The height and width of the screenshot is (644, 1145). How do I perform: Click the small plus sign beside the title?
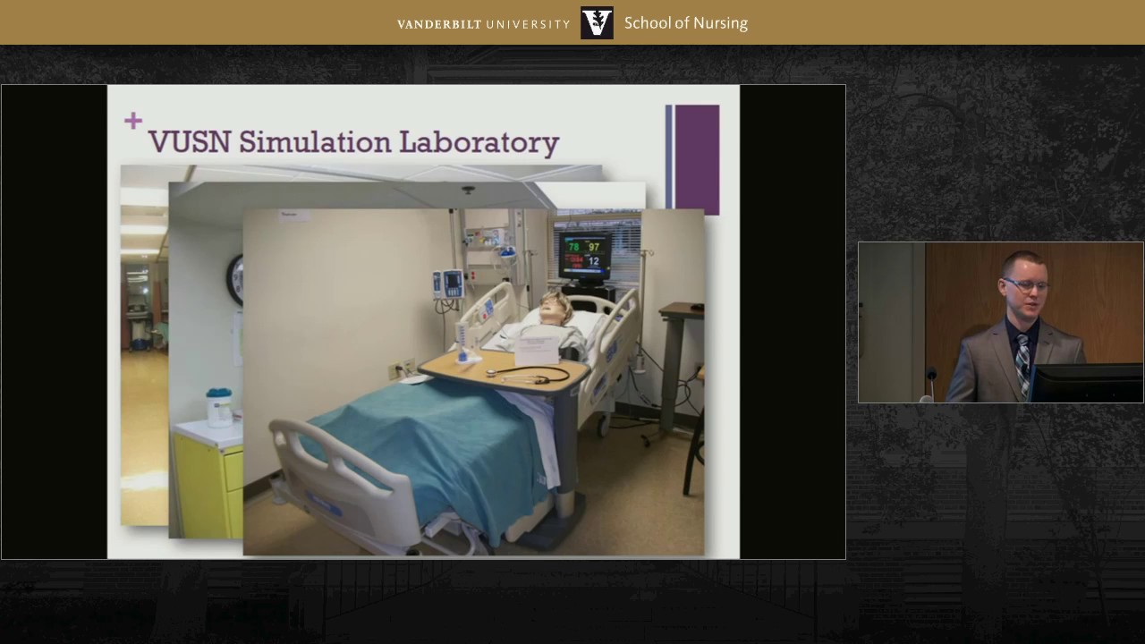(x=133, y=121)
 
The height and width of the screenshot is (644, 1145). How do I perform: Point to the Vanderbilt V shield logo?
(x=597, y=23)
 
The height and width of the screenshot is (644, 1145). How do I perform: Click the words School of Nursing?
(x=685, y=23)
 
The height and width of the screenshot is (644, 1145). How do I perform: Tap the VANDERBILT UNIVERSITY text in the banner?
(x=483, y=24)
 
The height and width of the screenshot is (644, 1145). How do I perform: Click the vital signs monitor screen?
(x=584, y=254)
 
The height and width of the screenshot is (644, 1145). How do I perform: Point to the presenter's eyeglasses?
(x=1022, y=285)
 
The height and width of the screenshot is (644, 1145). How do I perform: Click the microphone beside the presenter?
(x=931, y=376)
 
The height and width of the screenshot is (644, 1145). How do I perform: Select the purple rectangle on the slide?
(x=696, y=159)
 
